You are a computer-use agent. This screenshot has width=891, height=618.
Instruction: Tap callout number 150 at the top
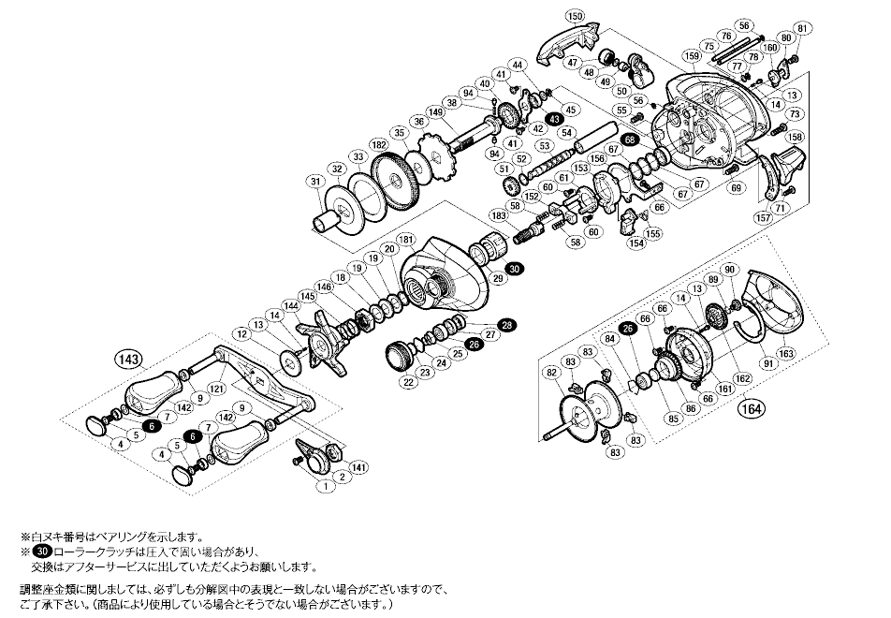point(575,17)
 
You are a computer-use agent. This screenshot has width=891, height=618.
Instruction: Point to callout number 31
point(314,181)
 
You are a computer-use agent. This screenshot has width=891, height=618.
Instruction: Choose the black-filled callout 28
point(506,325)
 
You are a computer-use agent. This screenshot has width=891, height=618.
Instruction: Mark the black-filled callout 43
point(554,119)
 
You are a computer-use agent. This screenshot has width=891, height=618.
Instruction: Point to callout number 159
point(692,56)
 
